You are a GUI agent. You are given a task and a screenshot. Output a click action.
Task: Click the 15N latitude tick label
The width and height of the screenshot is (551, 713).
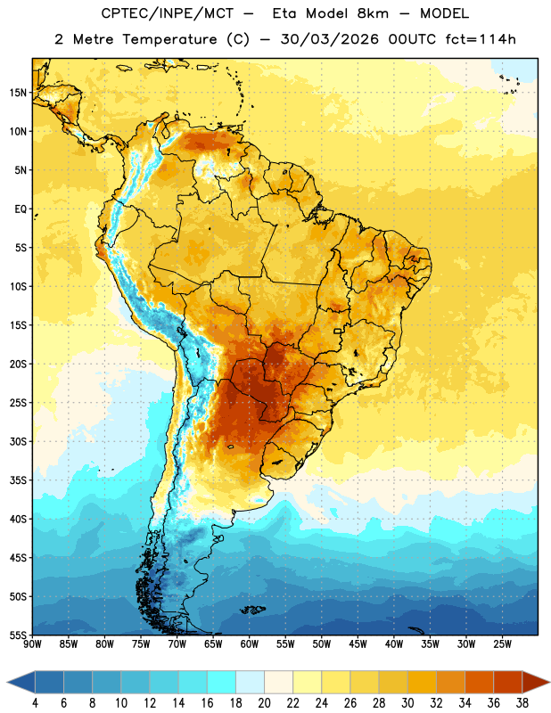18,93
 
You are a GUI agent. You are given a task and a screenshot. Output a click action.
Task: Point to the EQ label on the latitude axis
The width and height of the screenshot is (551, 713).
21,209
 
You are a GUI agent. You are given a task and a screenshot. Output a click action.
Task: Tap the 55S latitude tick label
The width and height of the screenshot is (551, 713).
18,635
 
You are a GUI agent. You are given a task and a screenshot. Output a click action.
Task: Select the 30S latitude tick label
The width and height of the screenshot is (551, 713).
18,441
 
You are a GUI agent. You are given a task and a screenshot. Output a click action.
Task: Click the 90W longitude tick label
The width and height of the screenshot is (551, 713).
32,644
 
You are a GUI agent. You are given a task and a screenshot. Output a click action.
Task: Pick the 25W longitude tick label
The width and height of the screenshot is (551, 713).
502,644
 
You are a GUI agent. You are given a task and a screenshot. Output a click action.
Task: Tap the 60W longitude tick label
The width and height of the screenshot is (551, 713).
250,644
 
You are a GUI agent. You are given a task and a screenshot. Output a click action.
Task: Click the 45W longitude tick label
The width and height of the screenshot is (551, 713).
358,644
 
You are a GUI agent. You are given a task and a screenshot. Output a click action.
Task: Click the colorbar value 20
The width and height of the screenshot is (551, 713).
264,703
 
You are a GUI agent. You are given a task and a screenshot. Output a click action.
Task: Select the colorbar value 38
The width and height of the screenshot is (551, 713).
522,703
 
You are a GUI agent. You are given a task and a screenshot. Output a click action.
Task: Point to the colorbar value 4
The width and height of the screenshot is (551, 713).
35,703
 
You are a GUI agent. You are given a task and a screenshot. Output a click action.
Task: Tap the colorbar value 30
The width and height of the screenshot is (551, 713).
407,703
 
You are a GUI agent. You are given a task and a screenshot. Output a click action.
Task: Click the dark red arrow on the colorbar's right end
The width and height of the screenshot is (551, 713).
535,682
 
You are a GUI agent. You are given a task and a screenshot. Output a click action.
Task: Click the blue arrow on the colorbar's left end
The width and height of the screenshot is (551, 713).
21,682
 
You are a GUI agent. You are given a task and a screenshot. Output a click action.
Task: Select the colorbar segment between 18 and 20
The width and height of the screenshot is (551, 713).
250,682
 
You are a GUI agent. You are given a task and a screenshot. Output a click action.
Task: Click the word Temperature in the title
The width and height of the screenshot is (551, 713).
170,39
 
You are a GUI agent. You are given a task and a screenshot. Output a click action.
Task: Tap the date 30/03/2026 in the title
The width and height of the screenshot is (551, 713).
330,39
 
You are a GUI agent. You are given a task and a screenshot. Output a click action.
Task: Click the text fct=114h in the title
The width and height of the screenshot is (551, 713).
481,39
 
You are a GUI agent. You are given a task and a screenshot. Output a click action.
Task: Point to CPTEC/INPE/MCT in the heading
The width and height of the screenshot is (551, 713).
167,13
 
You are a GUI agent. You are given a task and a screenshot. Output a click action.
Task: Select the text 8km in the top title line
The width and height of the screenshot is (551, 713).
373,13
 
